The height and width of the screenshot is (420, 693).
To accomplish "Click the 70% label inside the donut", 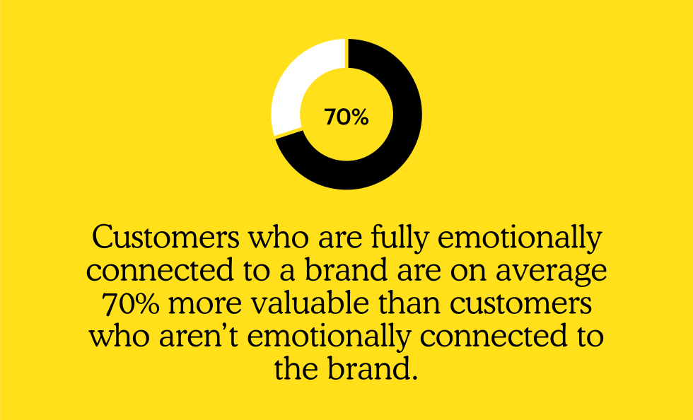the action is click(x=346, y=117).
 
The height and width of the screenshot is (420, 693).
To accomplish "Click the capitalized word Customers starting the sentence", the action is click(x=165, y=238).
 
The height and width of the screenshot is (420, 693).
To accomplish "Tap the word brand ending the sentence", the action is click(x=373, y=369).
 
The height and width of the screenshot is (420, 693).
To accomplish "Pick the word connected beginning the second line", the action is click(x=160, y=271).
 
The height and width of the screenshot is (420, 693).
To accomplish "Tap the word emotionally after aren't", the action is click(x=329, y=337).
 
